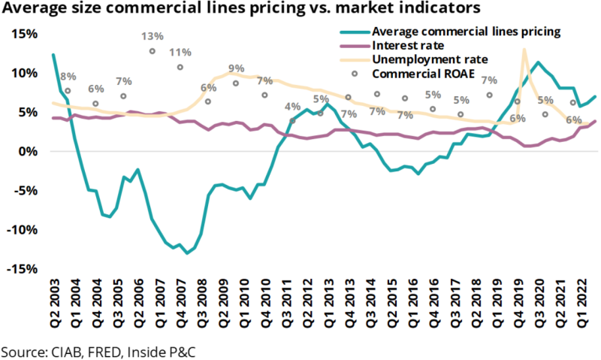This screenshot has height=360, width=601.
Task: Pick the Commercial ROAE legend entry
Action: tap(421, 74)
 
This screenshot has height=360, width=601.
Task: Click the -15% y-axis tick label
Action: tap(23, 268)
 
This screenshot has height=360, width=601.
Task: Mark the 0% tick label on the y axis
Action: tap(29, 151)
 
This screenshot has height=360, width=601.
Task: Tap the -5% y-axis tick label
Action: tap(26, 190)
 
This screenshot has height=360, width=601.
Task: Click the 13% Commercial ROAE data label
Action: tap(153, 36)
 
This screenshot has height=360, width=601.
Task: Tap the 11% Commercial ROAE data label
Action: tap(180, 53)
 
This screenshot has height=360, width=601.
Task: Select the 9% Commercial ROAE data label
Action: tap(236, 68)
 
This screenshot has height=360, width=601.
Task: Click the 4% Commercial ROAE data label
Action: tap(292, 106)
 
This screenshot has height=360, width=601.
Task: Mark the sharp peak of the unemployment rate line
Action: tap(524, 50)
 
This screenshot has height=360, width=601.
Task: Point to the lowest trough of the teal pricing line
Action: tap(187, 253)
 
